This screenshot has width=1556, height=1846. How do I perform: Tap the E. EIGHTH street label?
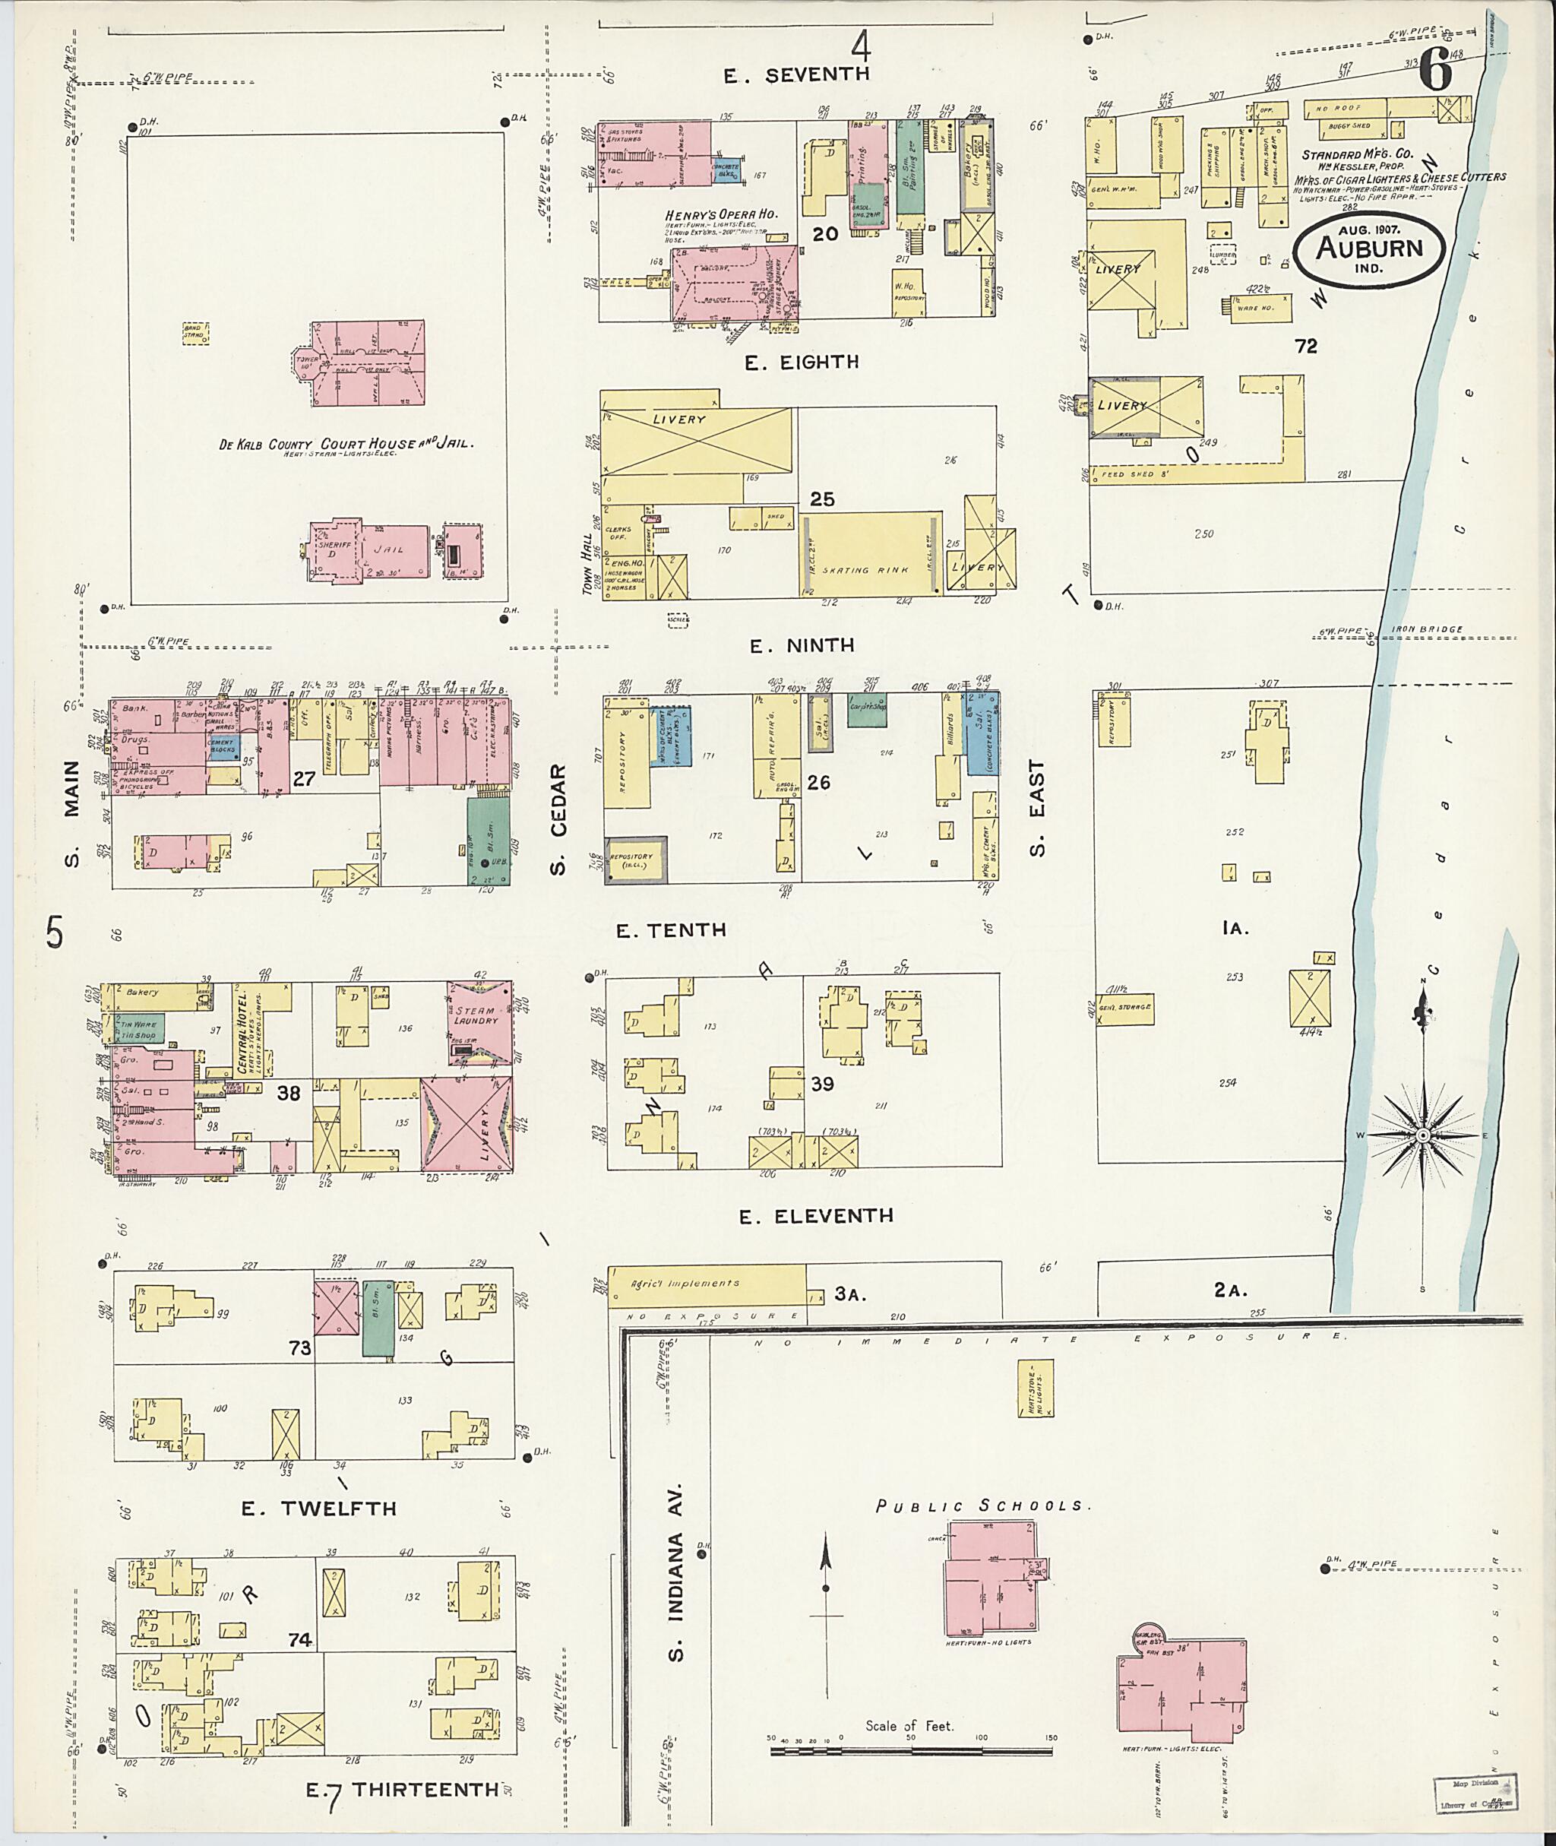coord(801,363)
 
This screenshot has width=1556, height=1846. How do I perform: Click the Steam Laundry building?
coord(479,1020)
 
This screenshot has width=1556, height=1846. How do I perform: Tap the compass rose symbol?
coord(1422,1135)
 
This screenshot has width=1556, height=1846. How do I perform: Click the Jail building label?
coord(389,549)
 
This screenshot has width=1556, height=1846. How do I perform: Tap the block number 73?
coord(300,1348)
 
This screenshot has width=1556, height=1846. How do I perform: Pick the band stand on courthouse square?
coord(195,333)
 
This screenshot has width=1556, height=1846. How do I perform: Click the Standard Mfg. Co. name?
coord(1358,154)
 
